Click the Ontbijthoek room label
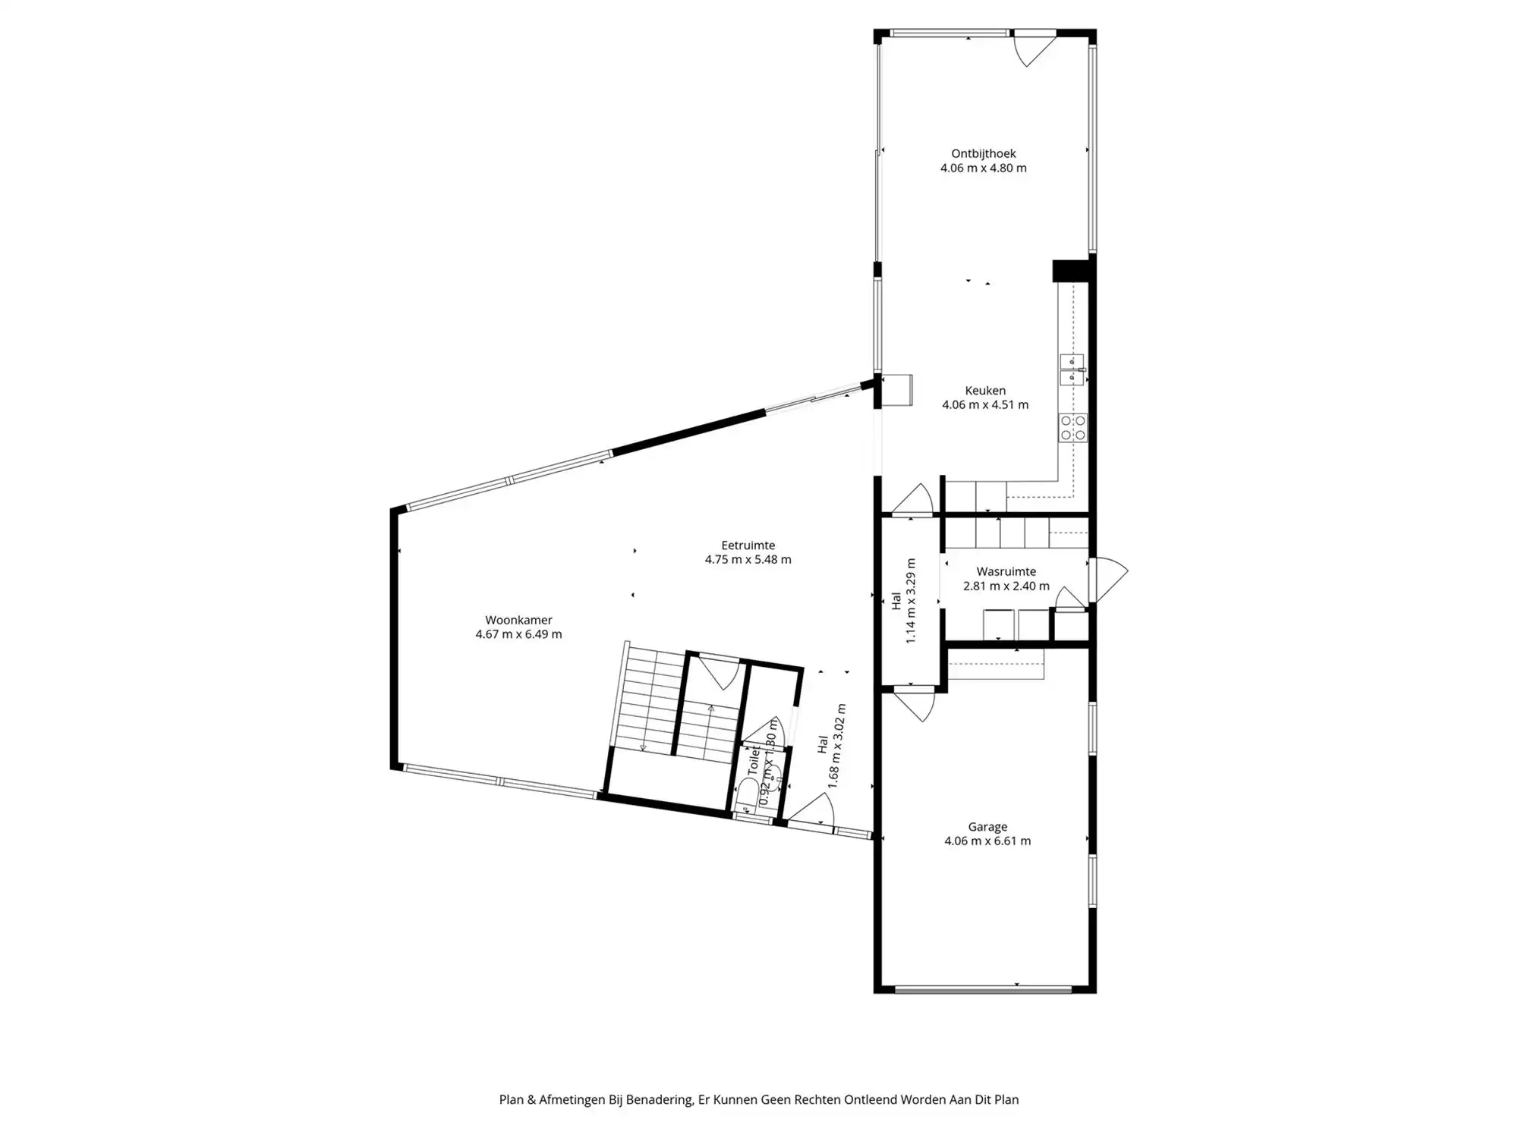(x=983, y=154)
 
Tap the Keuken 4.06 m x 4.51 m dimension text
(x=985, y=405)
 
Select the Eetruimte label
(x=748, y=545)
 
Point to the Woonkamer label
(x=518, y=621)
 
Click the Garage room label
(x=987, y=827)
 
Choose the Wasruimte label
(x=1006, y=572)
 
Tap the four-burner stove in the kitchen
(x=1073, y=428)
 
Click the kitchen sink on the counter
(x=1072, y=369)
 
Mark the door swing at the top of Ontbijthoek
(x=1033, y=47)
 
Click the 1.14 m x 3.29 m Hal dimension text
(x=911, y=601)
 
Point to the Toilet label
(x=754, y=759)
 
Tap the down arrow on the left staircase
(x=643, y=747)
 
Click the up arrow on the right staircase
(x=710, y=709)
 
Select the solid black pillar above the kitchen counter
(x=1070, y=271)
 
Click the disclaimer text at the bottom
(x=758, y=1099)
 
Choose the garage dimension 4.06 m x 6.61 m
(x=987, y=841)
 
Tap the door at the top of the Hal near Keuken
(x=913, y=501)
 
